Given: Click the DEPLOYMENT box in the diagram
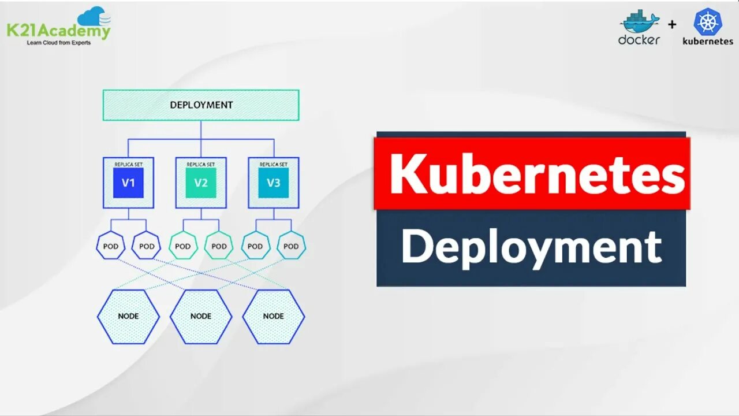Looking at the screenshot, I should click(x=201, y=105).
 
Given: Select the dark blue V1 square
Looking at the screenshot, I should click(x=128, y=183).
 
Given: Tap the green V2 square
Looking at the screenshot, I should click(x=201, y=183).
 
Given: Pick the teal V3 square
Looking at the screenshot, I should click(x=274, y=183).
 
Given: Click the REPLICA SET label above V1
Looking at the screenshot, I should click(x=128, y=165).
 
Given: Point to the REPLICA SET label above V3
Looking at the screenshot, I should click(x=274, y=165).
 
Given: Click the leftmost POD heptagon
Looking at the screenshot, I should click(x=110, y=246).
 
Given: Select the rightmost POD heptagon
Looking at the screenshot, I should click(x=291, y=246).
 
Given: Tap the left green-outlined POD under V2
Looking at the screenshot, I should click(x=183, y=246).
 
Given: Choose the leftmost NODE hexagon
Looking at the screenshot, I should click(x=128, y=317).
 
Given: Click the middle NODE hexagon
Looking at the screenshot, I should click(x=201, y=317).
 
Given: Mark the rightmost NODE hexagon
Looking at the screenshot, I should click(x=274, y=317).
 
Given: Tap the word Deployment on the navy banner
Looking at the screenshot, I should click(x=531, y=247).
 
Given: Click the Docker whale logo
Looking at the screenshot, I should click(x=639, y=22).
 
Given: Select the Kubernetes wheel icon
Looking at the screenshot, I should click(x=708, y=22).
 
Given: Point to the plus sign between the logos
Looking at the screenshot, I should click(x=672, y=25).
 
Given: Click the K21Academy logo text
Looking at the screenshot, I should click(x=58, y=31).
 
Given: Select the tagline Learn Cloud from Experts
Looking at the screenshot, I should click(x=59, y=43).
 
